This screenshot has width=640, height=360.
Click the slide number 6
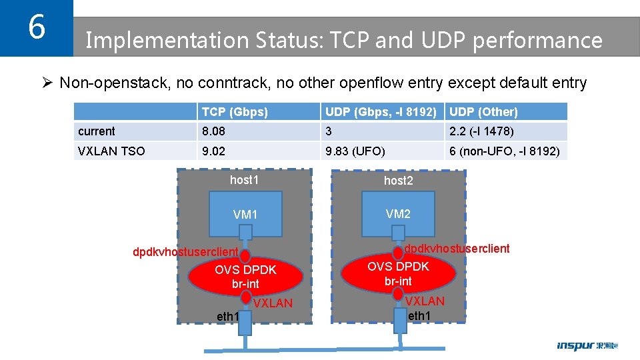pyautogui.click(x=37, y=28)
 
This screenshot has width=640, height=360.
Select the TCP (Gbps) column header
pyautogui.click(x=235, y=112)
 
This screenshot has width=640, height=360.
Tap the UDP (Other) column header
pyautogui.click(x=483, y=112)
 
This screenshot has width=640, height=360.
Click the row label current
pyautogui.click(x=97, y=131)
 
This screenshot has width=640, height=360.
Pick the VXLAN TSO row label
pyautogui.click(x=111, y=151)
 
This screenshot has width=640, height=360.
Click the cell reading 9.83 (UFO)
pyautogui.click(x=355, y=151)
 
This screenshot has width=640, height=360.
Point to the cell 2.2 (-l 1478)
pyautogui.click(x=481, y=131)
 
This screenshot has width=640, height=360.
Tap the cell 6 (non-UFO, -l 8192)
pyautogui.click(x=506, y=151)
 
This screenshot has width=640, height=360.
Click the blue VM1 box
pyautogui.click(x=245, y=214)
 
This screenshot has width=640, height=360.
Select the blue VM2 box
pyautogui.click(x=398, y=214)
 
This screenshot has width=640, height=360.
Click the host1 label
pyautogui.click(x=244, y=180)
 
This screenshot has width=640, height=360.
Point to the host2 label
pyautogui.click(x=398, y=181)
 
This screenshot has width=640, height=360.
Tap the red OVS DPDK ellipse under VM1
pyautogui.click(x=245, y=277)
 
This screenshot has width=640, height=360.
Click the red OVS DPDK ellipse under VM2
pyautogui.click(x=398, y=273)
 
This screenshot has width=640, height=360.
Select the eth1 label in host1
pyautogui.click(x=227, y=316)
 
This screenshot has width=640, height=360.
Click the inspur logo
pyautogui.click(x=587, y=345)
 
